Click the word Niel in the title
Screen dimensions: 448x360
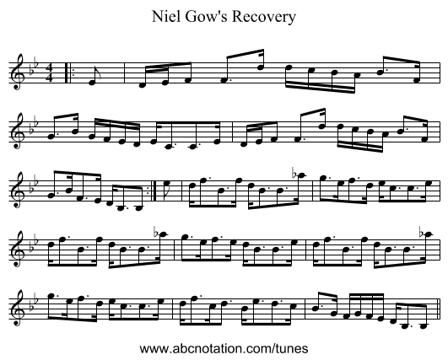[x=163, y=17]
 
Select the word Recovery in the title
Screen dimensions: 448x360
[x=264, y=18]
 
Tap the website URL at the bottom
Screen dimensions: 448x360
[x=224, y=348]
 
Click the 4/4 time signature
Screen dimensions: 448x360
[x=50, y=73]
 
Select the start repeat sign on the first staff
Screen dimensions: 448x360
[x=68, y=73]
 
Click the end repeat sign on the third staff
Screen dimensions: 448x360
[x=152, y=191]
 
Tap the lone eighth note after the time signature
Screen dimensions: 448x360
[x=93, y=78]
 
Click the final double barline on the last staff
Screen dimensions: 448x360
[x=440, y=309]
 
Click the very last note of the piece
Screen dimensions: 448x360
[x=424, y=325]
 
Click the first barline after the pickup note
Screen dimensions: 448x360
[x=125, y=73]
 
